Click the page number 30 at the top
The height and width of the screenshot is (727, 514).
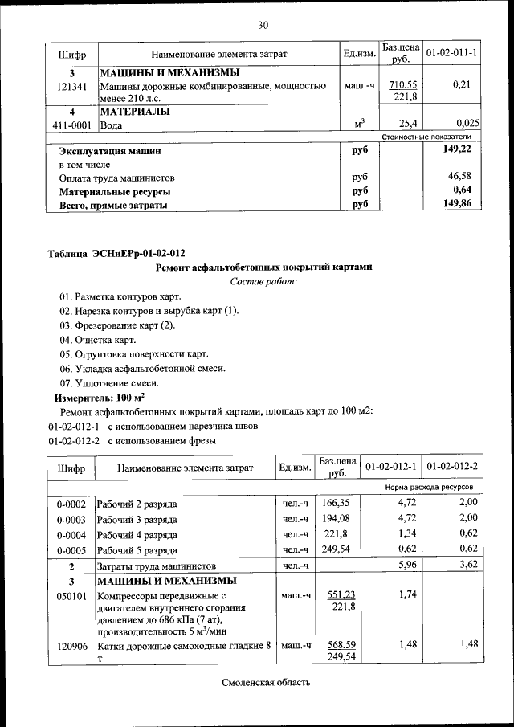(x=262, y=25)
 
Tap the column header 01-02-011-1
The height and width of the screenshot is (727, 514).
(x=451, y=53)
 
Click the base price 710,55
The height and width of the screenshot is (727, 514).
(x=402, y=85)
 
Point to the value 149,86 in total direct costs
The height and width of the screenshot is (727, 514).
(x=457, y=204)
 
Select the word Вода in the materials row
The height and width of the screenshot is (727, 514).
(x=112, y=125)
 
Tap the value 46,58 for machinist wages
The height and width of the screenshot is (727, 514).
(x=459, y=176)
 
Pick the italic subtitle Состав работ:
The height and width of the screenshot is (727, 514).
(x=263, y=281)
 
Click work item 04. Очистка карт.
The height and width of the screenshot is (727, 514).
(x=97, y=340)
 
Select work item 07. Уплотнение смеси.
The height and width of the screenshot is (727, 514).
(x=109, y=383)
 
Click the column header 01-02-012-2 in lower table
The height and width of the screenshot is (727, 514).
(x=452, y=467)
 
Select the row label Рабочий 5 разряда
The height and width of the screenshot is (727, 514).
(x=137, y=550)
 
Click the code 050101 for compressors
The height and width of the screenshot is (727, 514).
(x=71, y=596)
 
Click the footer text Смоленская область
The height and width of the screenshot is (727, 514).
(x=265, y=683)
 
